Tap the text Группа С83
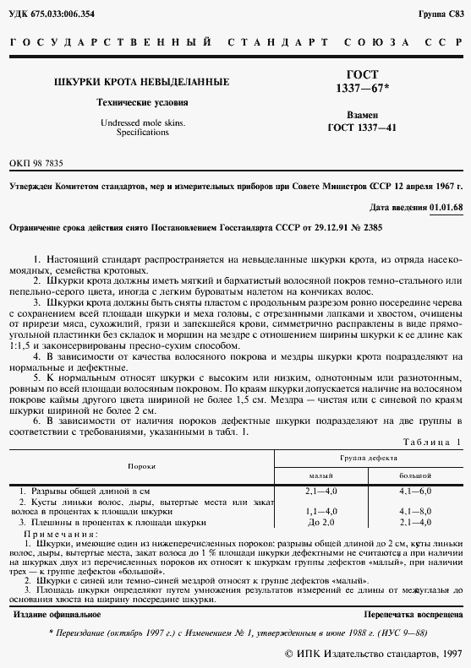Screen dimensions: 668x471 [x=441, y=16]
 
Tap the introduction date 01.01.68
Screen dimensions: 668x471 [x=446, y=206]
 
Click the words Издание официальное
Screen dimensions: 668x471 [x=55, y=612]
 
